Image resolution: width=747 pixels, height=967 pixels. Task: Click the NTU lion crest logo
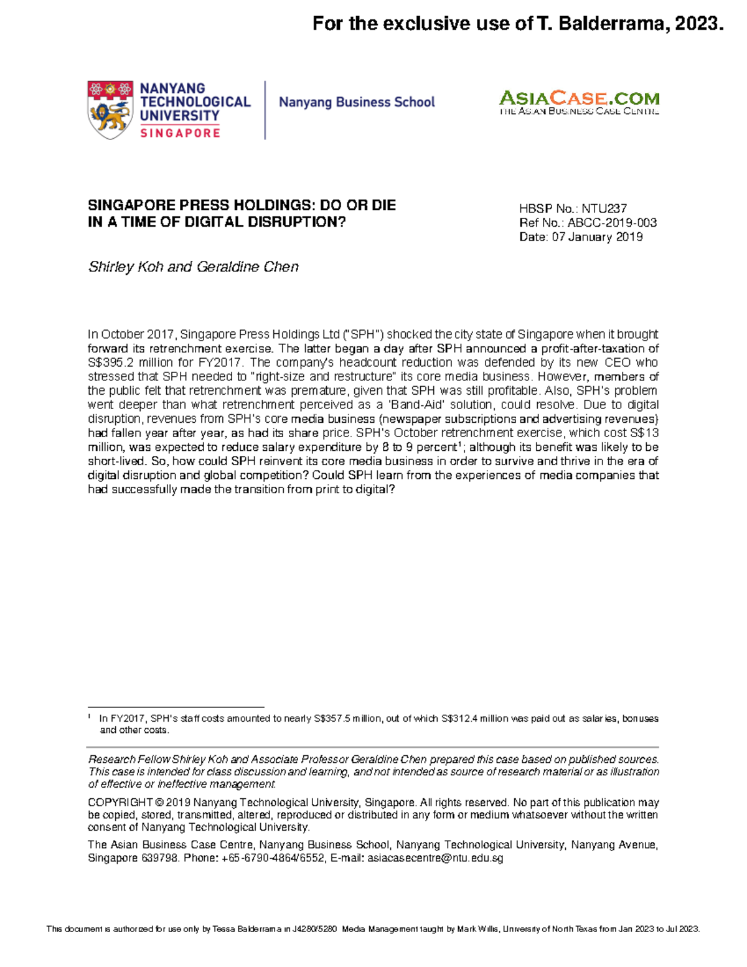coord(110,110)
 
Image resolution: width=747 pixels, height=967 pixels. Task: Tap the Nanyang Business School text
coord(357,102)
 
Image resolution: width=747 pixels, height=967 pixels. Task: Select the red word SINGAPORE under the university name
coord(180,133)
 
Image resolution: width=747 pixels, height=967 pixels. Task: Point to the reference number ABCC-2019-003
coord(612,223)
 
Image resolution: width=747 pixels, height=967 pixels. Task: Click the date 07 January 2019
coord(597,237)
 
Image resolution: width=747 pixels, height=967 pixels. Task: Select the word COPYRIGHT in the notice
coord(120,803)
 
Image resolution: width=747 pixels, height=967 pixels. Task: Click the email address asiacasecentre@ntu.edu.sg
coord(435,858)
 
